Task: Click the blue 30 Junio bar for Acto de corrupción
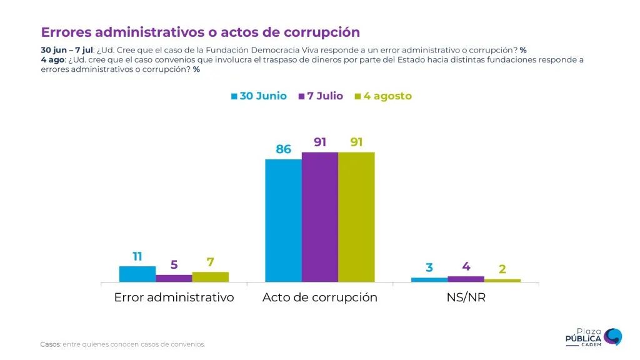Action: (283, 221)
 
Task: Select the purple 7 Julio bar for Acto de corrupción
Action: (320, 217)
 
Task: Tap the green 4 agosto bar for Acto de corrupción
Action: (356, 217)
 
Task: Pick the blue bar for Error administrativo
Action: (137, 274)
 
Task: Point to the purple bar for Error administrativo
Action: (174, 278)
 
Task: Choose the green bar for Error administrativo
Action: (210, 277)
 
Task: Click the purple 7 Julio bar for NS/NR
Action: (466, 279)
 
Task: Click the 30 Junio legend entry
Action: (259, 96)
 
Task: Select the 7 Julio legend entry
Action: (321, 96)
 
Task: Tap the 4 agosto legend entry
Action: (383, 96)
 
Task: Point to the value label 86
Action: (284, 149)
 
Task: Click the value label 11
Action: (137, 256)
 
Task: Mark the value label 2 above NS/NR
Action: (502, 269)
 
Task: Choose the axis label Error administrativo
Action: (174, 297)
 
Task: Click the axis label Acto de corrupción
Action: (320, 297)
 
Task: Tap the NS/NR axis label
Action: (466, 297)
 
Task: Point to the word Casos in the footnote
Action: (49, 344)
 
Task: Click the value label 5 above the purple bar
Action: (174, 265)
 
